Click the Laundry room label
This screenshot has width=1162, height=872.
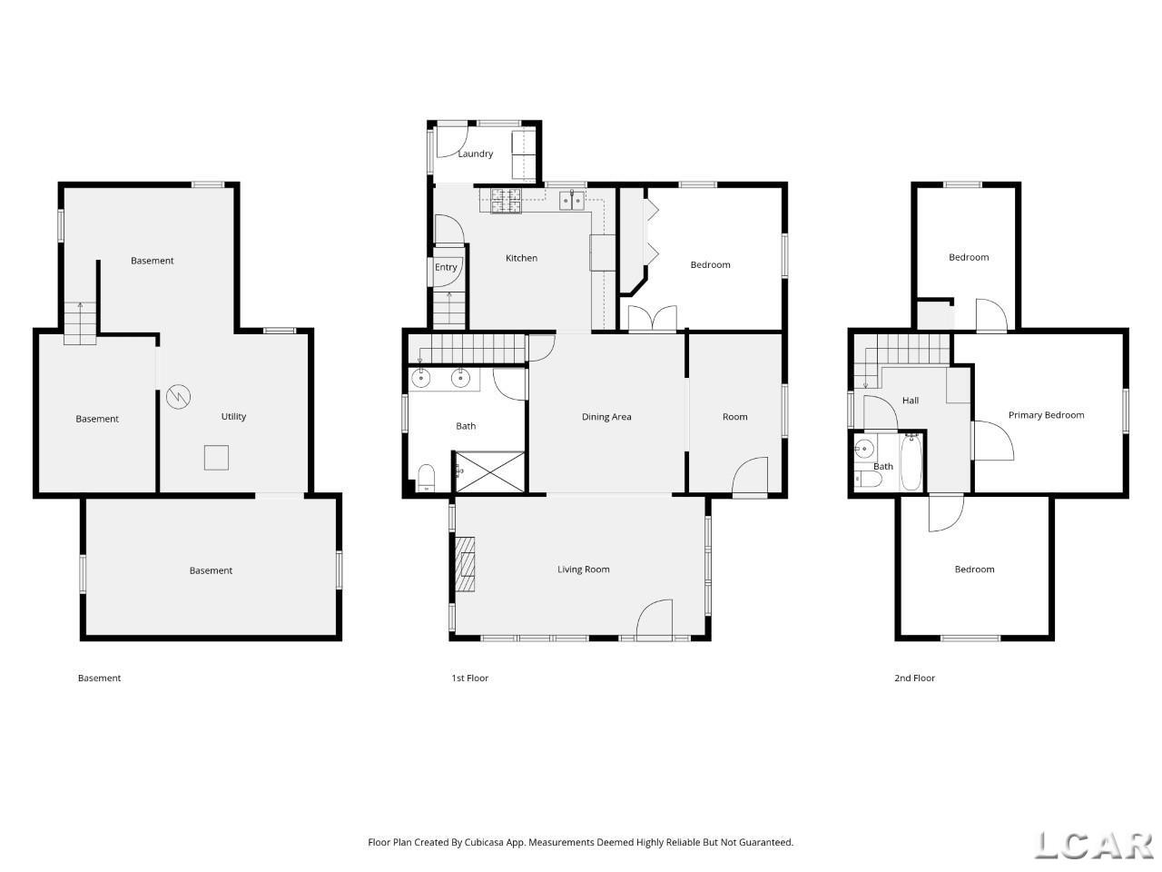click(475, 154)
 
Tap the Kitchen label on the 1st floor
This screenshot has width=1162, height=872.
click(521, 258)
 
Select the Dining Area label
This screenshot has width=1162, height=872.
click(606, 417)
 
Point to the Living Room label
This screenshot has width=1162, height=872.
click(583, 570)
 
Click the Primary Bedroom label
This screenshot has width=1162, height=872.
click(1046, 415)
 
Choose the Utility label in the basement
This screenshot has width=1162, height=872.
click(233, 416)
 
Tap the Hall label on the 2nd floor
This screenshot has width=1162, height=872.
click(910, 401)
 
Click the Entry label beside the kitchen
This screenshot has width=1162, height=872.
click(445, 267)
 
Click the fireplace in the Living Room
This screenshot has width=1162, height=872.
click(464, 563)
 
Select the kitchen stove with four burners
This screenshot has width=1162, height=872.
click(506, 201)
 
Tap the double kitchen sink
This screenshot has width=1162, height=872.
click(572, 200)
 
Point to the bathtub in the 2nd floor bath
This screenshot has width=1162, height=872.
click(911, 461)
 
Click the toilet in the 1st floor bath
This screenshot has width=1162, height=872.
click(426, 477)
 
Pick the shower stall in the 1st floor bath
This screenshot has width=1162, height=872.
click(489, 471)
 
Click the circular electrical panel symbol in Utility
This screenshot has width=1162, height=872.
click(179, 396)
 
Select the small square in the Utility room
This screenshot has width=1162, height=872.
click(217, 458)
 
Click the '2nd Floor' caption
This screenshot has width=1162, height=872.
click(914, 678)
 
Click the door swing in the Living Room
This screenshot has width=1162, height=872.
click(655, 619)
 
